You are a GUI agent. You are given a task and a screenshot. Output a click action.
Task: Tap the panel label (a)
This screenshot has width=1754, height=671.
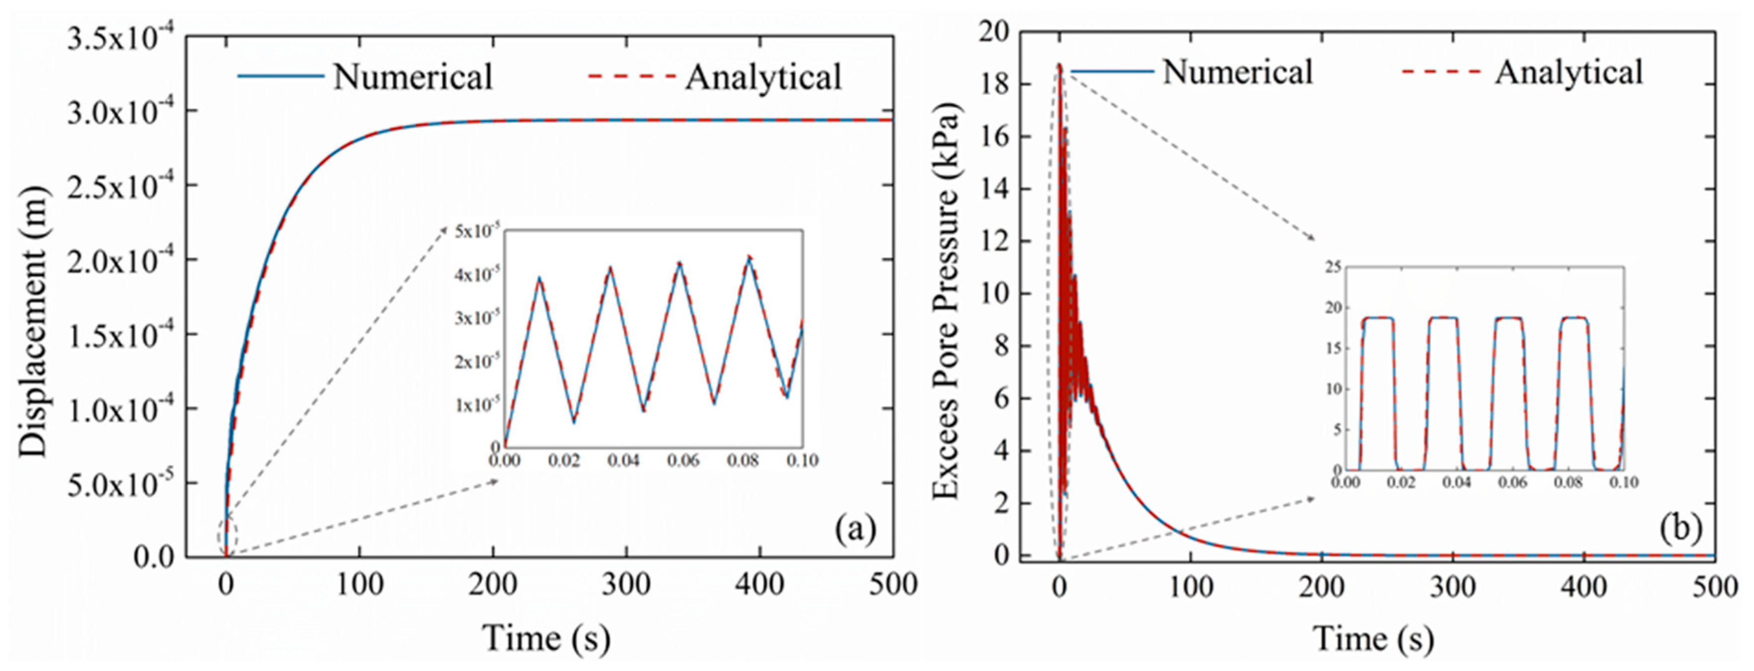click(855, 529)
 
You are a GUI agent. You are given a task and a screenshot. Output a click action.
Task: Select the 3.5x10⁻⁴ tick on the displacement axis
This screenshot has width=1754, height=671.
click(125, 39)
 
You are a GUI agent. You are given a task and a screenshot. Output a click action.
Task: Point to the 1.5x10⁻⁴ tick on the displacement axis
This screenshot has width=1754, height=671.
click(125, 336)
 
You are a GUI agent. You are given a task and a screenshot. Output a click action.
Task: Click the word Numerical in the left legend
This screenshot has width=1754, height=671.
click(413, 76)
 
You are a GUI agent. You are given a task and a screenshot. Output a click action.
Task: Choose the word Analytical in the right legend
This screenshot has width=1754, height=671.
click(1569, 72)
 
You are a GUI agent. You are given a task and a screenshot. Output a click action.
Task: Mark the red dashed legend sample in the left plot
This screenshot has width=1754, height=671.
click(632, 76)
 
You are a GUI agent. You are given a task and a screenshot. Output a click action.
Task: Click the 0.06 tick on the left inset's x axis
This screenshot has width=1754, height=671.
click(683, 461)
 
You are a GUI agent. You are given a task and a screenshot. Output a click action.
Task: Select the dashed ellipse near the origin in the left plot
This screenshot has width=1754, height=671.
click(227, 536)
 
